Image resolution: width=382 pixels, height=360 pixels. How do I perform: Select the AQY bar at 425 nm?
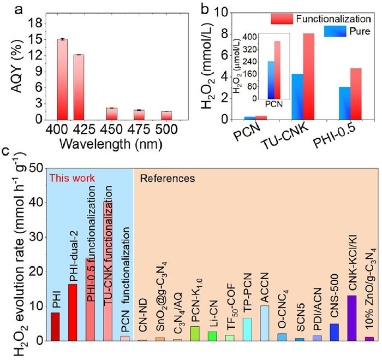(79, 87)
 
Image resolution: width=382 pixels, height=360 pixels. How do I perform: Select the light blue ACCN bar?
(265, 323)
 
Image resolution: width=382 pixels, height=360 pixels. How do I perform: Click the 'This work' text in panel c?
(73, 178)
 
